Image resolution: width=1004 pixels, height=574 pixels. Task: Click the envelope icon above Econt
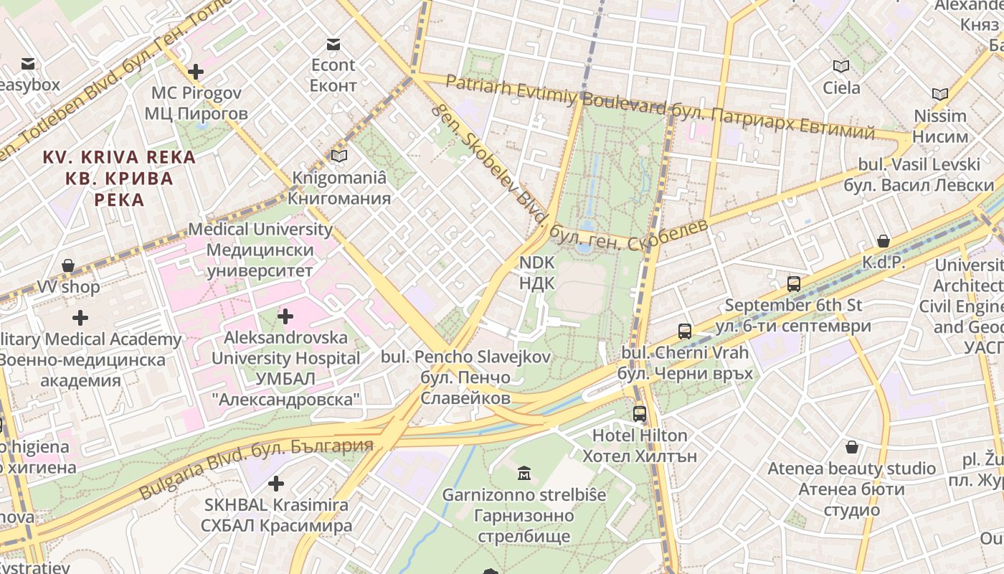pos(333,44)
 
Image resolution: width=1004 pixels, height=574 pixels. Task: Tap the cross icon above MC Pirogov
pos(195,72)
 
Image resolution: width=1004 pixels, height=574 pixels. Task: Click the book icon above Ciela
pos(841,67)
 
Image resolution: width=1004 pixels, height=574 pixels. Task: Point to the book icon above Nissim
pos(939,94)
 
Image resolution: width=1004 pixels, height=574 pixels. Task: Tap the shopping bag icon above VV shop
pos(68,266)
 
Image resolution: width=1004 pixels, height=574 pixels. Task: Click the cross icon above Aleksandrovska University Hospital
pos(285,316)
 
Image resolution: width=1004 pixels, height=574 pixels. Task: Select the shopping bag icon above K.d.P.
pos(884,241)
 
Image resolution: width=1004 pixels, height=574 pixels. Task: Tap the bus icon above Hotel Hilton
pos(639,414)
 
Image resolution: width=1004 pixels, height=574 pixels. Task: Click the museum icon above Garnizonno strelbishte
pos(524,474)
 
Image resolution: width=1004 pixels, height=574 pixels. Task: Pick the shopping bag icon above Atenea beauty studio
pos(852,447)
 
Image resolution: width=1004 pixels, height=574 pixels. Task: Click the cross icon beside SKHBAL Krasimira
pos(276,484)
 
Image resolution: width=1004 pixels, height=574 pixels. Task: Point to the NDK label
pos(537,273)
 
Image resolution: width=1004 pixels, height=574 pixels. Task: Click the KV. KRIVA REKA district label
pos(119,178)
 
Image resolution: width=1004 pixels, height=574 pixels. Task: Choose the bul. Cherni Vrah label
pos(685,363)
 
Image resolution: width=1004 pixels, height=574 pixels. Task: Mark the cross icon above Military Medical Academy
pos(80,317)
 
